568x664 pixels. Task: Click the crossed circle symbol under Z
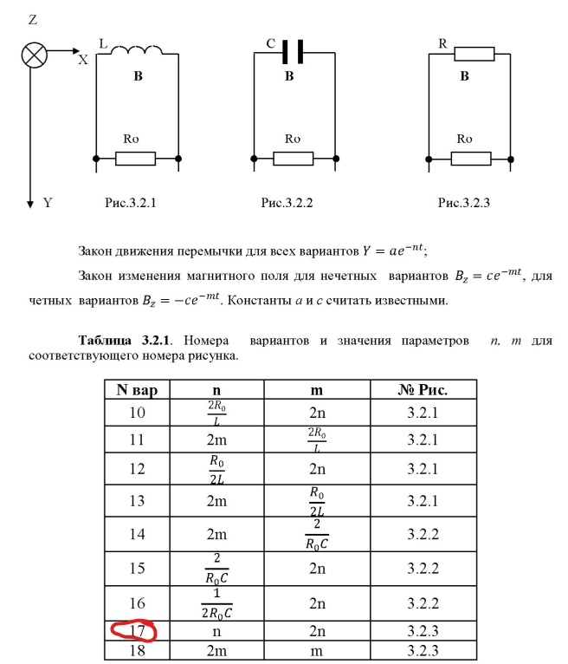(34, 55)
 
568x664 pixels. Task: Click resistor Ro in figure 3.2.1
(136, 159)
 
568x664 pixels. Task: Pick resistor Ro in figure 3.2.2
(294, 159)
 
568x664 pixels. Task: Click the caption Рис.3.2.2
(287, 203)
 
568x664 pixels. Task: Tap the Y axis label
(48, 203)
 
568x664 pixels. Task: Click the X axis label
(83, 61)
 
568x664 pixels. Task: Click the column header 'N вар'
(137, 389)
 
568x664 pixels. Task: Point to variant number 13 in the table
(137, 500)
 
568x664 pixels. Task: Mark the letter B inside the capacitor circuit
(290, 76)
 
